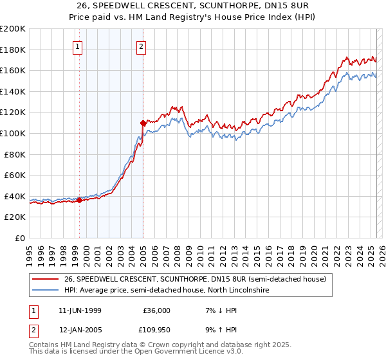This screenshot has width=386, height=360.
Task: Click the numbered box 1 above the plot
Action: [x=77, y=46]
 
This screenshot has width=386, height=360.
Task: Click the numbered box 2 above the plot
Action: [x=141, y=46]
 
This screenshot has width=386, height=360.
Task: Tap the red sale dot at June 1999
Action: [x=80, y=200]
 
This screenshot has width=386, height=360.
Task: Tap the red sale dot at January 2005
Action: [x=143, y=122]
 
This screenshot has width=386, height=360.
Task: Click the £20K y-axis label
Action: [x=15, y=217]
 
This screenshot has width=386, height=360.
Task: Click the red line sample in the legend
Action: [x=46, y=279]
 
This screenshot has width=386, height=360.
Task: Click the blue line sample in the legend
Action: [x=46, y=291]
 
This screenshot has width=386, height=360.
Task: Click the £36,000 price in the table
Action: [x=156, y=310]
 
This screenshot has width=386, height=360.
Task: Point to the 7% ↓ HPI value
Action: [x=216, y=310]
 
